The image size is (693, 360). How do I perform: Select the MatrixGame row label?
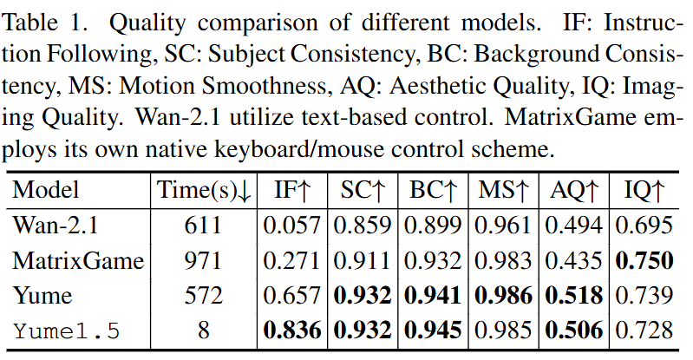pyautogui.click(x=78, y=260)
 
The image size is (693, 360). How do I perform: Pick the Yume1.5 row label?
pyautogui.click(x=67, y=330)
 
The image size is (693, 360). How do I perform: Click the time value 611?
pyautogui.click(x=204, y=226)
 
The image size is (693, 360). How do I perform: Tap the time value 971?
pyautogui.click(x=204, y=260)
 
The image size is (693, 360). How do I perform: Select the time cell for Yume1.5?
pyautogui.click(x=204, y=330)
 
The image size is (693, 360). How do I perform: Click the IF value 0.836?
pyautogui.click(x=294, y=330)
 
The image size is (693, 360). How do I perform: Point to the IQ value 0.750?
pyautogui.click(x=644, y=260)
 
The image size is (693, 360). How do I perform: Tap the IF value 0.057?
pyautogui.click(x=294, y=226)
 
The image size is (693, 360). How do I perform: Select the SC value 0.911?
pyautogui.click(x=364, y=260)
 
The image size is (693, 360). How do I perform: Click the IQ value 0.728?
pyautogui.click(x=644, y=330)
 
